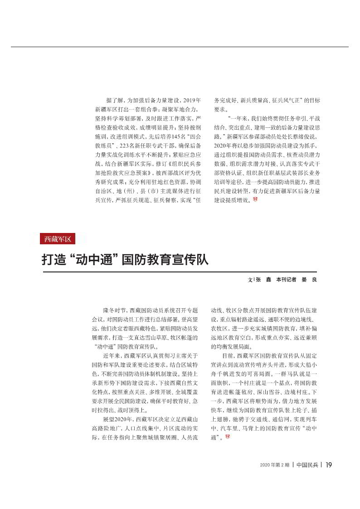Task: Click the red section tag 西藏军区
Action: pos(58,238)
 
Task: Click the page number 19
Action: pos(330,464)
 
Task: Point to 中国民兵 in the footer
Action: pos(307,465)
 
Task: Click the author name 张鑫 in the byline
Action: pos(263,280)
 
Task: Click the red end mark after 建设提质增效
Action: pos(255,199)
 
